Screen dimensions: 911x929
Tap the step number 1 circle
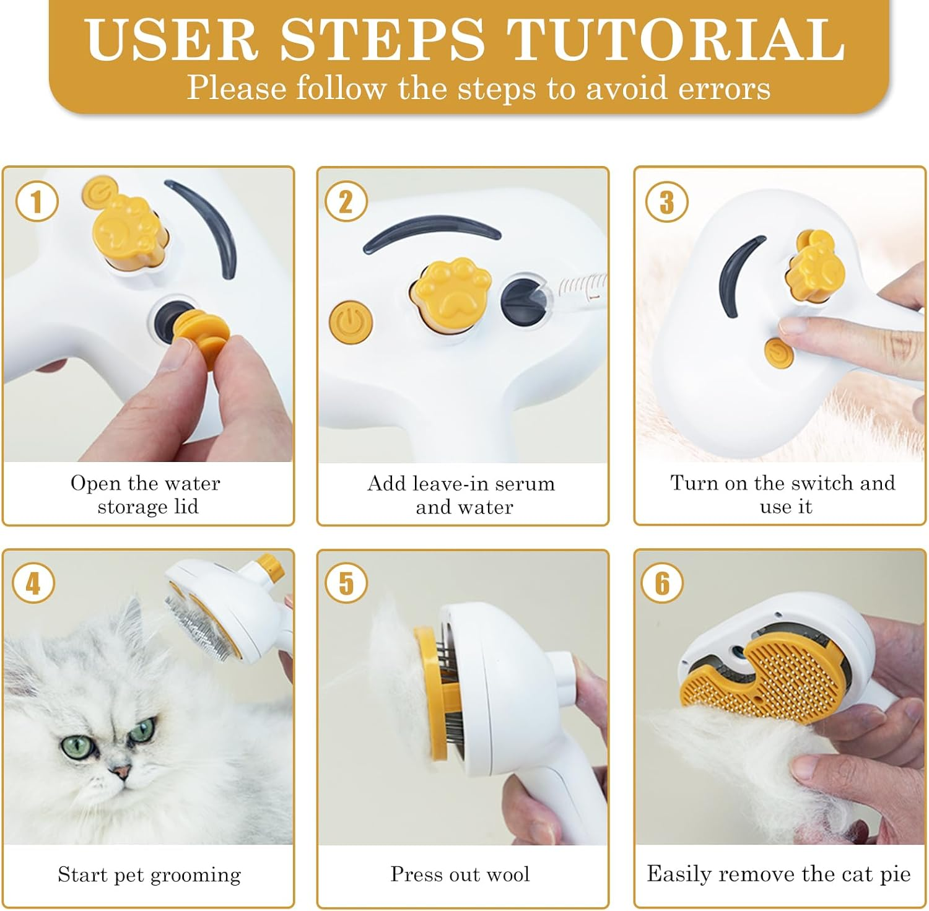pyautogui.click(x=37, y=202)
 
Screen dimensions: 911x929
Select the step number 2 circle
pyautogui.click(x=346, y=202)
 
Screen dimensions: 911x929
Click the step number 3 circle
pyautogui.click(x=666, y=202)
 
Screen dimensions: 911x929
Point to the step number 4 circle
pyautogui.click(x=33, y=583)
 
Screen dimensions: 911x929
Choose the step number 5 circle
pyautogui.click(x=346, y=583)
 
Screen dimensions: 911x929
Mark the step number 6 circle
pyautogui.click(x=662, y=583)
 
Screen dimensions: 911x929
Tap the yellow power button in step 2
pyautogui.click(x=351, y=322)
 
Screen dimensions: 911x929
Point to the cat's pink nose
pyautogui.click(x=121, y=772)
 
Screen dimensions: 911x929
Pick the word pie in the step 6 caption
pyautogui.click(x=896, y=874)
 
